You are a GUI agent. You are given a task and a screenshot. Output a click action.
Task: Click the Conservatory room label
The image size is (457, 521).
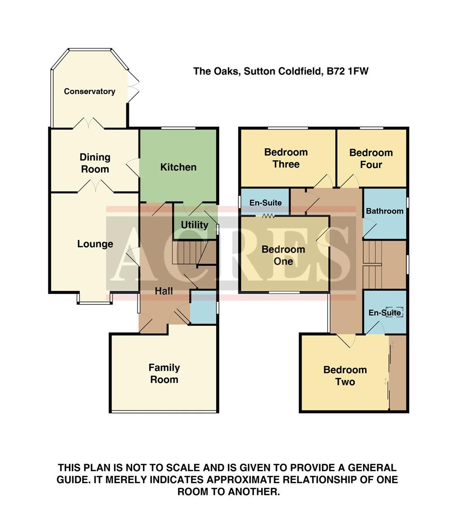click(89, 91)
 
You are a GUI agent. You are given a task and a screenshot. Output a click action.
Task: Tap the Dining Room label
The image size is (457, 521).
click(95, 163)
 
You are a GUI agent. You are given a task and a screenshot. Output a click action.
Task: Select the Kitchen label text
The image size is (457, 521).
click(178, 167)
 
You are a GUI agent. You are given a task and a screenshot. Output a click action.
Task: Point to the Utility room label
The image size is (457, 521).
click(194, 225)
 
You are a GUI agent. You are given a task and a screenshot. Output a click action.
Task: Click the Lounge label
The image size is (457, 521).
click(95, 244)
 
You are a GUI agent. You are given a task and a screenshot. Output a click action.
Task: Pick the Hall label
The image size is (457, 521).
click(164, 291)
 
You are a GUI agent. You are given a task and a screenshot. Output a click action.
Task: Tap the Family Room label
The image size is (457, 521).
click(164, 373)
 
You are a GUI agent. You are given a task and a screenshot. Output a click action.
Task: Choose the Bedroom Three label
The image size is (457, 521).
click(286, 158)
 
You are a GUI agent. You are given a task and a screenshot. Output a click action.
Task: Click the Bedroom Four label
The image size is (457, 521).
click(371, 159)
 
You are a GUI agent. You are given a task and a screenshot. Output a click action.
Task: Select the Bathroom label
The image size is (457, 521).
click(384, 211)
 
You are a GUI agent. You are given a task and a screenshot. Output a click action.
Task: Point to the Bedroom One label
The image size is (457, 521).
click(283, 255)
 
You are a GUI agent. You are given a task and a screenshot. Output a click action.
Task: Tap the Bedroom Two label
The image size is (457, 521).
click(345, 376)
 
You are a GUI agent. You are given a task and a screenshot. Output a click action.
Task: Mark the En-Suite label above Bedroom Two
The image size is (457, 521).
click(385, 313)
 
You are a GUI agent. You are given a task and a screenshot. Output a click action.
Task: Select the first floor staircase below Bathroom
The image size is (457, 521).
click(372, 259)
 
